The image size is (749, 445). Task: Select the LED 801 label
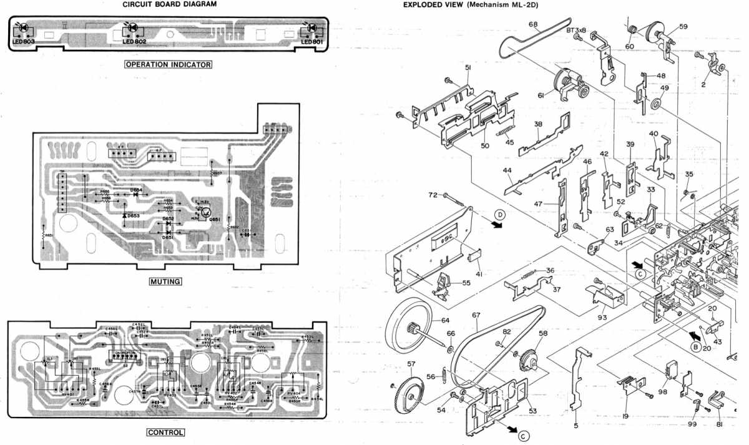(311, 41)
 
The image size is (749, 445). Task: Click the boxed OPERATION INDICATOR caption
(169, 64)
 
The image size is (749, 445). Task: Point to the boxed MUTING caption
(165, 281)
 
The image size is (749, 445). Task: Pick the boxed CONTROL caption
(165, 432)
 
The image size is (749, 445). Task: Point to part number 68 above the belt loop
(533, 25)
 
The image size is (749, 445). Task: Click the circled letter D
(499, 214)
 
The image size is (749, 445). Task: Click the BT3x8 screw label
(578, 29)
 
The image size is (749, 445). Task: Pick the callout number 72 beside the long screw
(433, 195)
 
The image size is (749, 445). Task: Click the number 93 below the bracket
(602, 317)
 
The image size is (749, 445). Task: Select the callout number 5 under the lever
(576, 426)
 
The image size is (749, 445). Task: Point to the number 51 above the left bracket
(467, 67)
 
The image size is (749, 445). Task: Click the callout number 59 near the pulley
(683, 27)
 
